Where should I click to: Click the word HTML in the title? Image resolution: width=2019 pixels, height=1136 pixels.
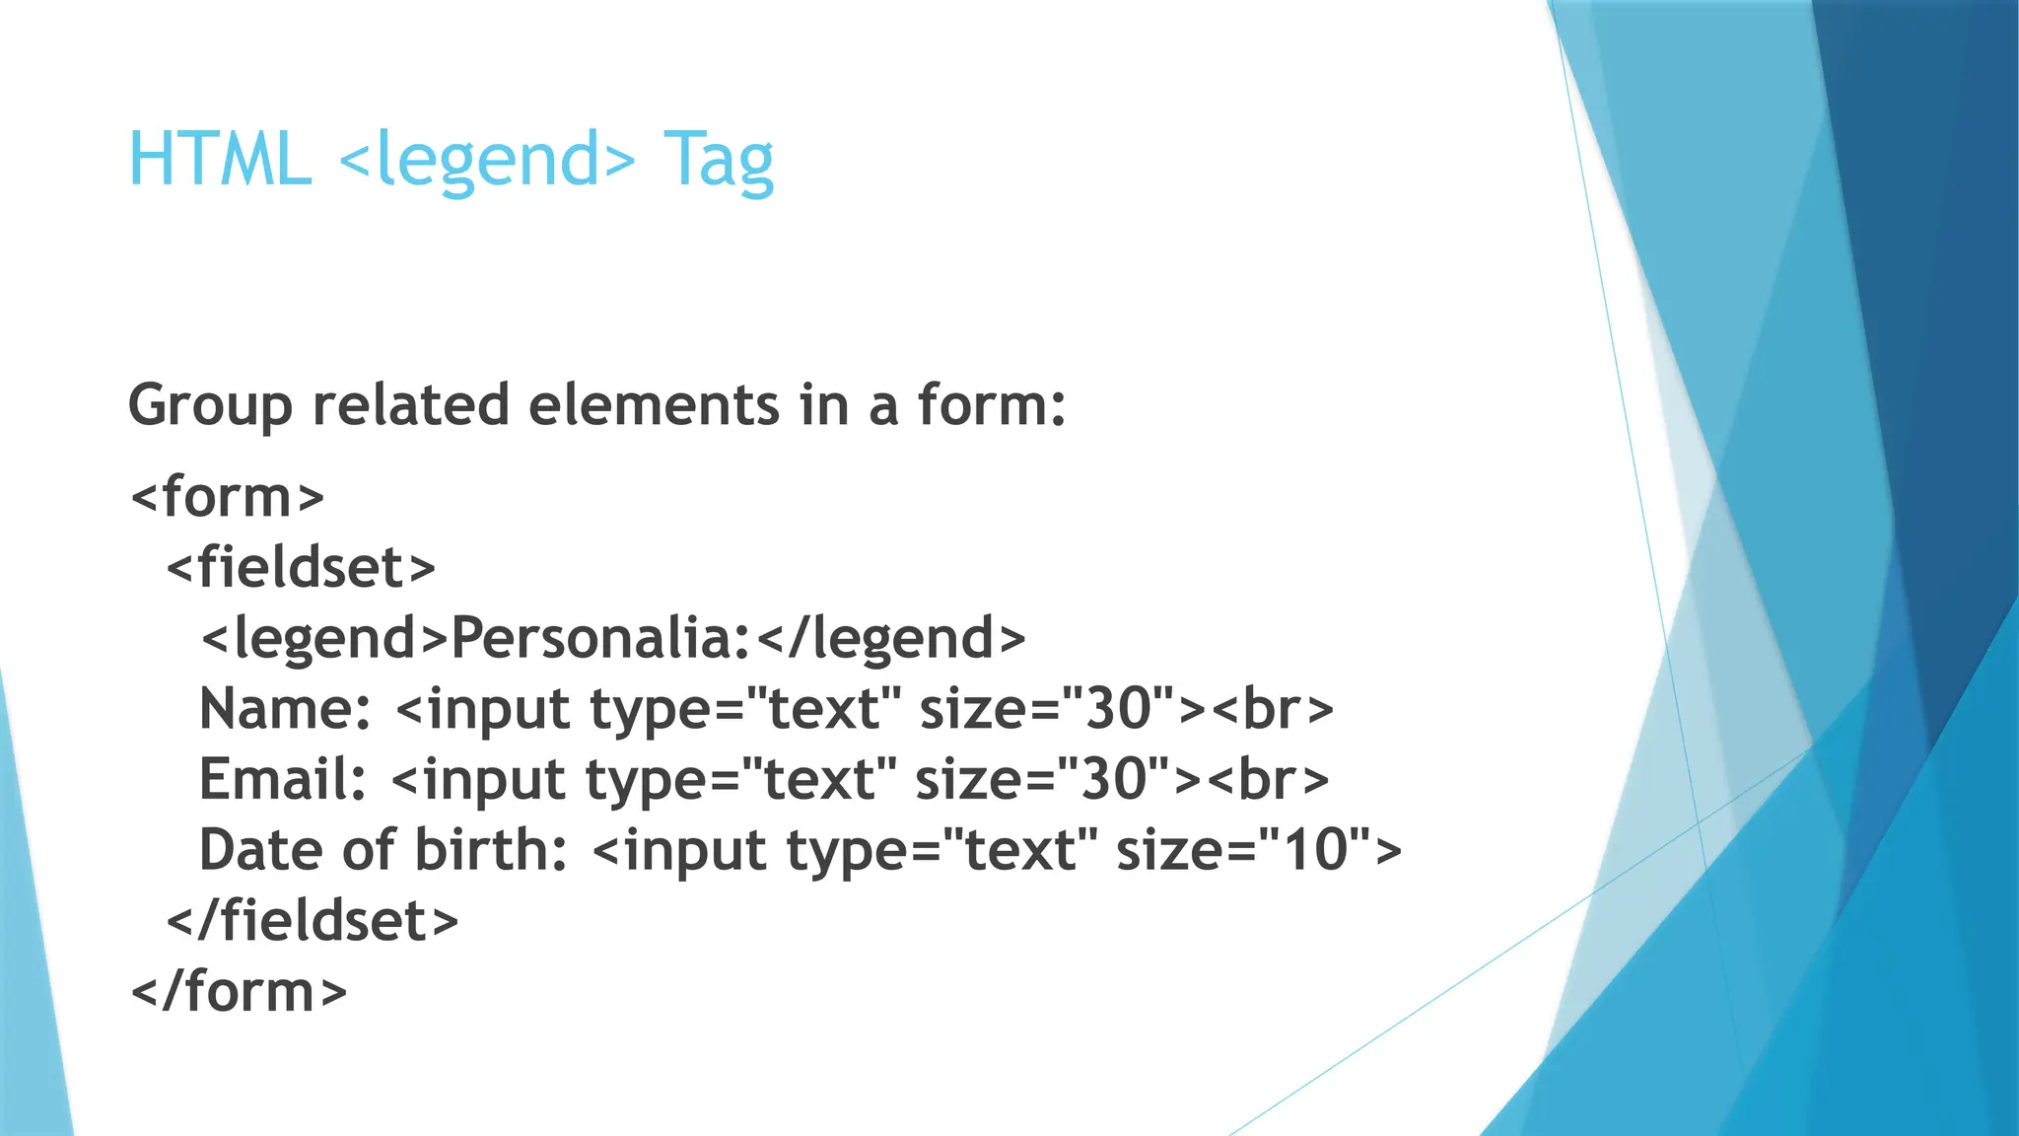point(220,160)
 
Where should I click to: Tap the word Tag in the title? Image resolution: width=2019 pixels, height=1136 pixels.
point(718,160)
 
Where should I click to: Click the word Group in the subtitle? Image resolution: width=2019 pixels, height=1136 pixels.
point(210,406)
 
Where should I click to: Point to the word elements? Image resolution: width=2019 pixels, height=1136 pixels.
point(654,406)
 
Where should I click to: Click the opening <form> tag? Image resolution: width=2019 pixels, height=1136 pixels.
point(228,496)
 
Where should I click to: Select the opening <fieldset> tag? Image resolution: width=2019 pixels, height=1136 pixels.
point(301,567)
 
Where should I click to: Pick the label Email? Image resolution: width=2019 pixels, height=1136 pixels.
point(283,779)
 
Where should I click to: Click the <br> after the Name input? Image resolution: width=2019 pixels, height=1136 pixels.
point(1272,709)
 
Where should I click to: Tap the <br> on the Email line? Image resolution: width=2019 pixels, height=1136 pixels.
point(1268,779)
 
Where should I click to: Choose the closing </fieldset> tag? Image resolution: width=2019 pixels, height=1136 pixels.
point(313,921)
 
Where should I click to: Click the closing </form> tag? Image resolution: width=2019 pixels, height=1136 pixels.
point(240,991)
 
